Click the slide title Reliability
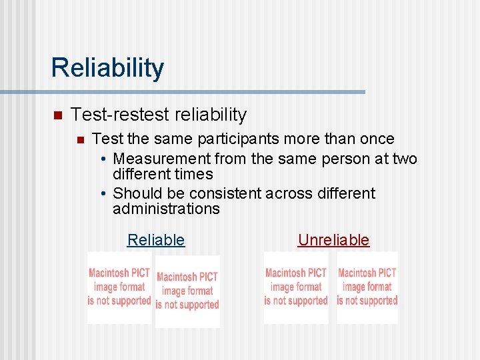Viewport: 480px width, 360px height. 107,68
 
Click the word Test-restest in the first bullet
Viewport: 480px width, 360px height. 111,115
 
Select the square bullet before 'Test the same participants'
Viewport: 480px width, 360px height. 79,140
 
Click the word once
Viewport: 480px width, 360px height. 377,139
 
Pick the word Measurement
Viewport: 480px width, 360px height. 161,159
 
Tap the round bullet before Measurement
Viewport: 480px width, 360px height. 104,159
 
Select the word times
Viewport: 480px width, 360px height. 195,175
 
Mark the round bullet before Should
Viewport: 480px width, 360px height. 104,194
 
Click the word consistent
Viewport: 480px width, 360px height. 225,193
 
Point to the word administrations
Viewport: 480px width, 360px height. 166,209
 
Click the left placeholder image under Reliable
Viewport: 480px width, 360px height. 119,287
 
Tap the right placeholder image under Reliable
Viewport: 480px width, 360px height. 187,291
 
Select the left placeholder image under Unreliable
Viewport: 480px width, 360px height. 296,287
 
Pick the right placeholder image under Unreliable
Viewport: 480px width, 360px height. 367,287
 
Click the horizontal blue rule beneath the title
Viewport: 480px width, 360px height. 183,92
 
